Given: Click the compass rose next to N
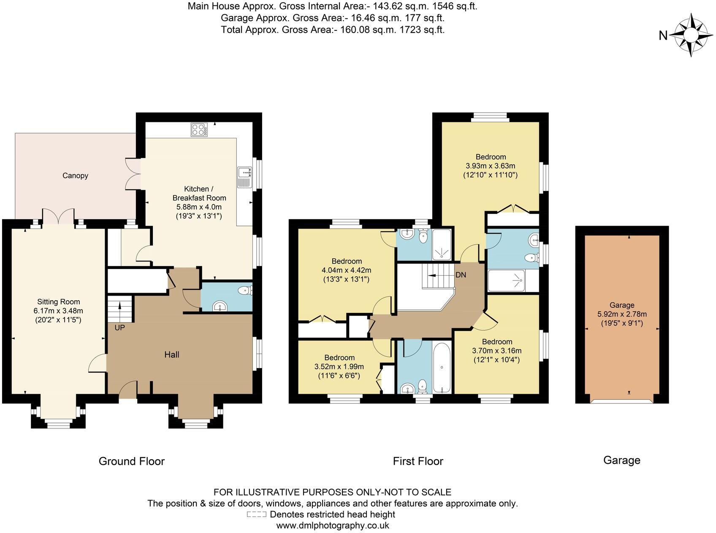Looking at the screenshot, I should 691,35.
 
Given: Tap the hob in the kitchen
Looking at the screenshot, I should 199,129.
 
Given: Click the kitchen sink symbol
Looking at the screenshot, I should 244,177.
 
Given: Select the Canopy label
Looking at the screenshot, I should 75,175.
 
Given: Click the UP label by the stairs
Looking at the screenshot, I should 120,327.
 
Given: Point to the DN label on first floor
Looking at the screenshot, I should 461,275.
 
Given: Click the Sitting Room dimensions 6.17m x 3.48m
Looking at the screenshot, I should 58,311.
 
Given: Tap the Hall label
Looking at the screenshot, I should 172,355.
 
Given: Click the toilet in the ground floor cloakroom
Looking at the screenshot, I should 244,291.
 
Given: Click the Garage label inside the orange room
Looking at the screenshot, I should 621,305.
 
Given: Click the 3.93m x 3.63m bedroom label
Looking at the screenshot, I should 490,166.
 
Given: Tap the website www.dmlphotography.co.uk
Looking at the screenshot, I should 332,525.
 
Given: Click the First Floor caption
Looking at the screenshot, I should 418,461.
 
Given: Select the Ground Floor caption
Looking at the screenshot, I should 131,461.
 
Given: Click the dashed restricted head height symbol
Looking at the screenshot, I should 256,514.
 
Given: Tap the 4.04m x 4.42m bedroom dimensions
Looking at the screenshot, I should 346,270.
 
